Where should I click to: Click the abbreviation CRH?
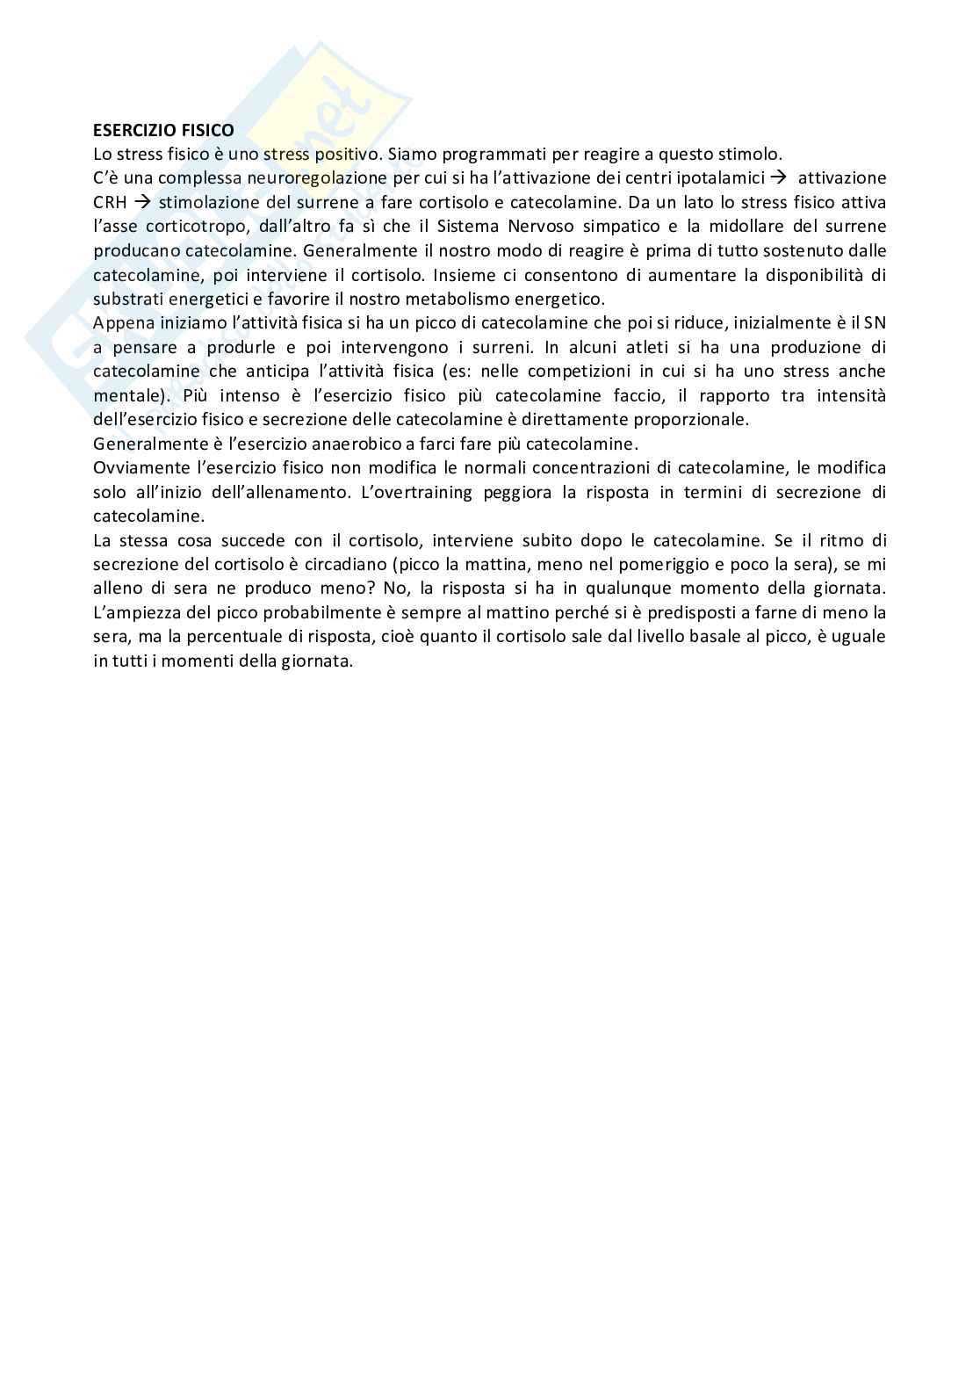pos(110,203)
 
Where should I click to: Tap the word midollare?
pos(749,227)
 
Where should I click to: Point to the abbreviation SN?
pos(875,323)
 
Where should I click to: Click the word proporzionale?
pos(695,420)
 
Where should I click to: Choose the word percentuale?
pos(230,636)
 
